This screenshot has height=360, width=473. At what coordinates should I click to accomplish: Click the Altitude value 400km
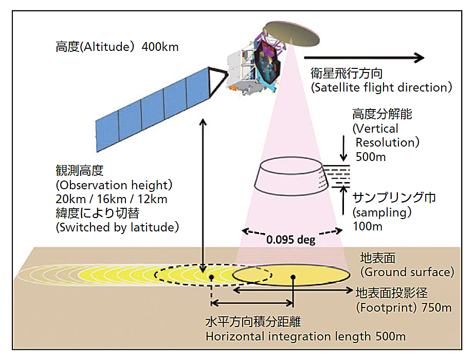point(160,47)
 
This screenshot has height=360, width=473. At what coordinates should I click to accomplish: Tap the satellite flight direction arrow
point(364,57)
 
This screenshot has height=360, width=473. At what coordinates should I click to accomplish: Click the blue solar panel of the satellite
point(152,110)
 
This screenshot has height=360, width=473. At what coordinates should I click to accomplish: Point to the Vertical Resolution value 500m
point(371,157)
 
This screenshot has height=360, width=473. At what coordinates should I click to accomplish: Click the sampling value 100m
point(368,226)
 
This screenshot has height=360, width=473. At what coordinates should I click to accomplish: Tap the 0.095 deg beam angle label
point(291,240)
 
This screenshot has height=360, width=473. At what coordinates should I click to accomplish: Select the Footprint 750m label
point(404,308)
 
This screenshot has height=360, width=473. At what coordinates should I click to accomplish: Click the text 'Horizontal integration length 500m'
point(305,336)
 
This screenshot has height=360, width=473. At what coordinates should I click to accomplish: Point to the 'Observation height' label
point(114,185)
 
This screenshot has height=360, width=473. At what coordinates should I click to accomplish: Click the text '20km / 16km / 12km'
point(112,199)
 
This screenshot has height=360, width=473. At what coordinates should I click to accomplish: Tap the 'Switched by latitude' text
point(117,227)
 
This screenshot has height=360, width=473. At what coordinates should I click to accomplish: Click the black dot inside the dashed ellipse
point(211,277)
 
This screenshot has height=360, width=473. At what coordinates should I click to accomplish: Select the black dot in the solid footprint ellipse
point(293,277)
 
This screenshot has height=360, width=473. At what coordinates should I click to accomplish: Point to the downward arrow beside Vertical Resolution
point(343,148)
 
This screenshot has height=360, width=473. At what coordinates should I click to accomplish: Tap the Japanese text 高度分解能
point(382,114)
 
